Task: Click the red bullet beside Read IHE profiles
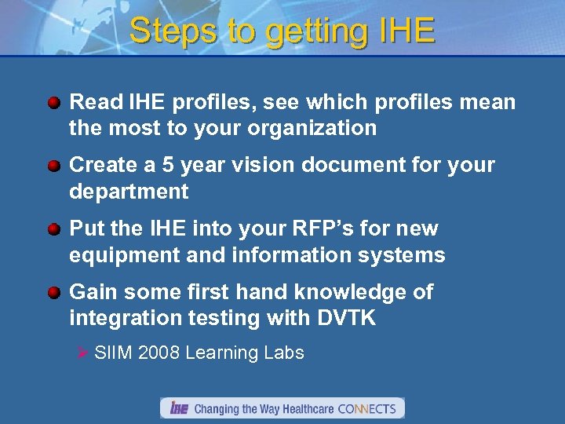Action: tap(54, 103)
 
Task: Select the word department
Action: tap(129, 192)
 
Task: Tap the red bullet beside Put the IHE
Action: tap(54, 229)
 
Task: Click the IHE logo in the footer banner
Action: tap(179, 408)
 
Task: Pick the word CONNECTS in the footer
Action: tap(368, 408)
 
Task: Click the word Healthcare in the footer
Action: tap(304, 408)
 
